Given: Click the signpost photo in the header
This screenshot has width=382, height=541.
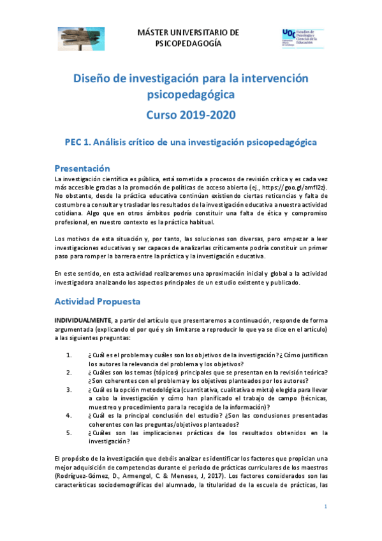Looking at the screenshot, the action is click(x=82, y=38).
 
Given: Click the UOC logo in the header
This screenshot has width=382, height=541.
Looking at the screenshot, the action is click(x=302, y=38).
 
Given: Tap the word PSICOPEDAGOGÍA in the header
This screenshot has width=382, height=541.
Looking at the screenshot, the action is click(x=189, y=43).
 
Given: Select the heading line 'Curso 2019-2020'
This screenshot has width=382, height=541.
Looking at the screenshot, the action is click(x=191, y=115).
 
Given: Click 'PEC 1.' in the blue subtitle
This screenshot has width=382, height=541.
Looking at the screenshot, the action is click(x=81, y=142).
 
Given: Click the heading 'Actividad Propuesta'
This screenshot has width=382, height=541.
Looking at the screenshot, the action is click(x=97, y=300).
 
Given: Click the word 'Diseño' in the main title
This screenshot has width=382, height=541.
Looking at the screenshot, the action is click(x=94, y=78).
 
